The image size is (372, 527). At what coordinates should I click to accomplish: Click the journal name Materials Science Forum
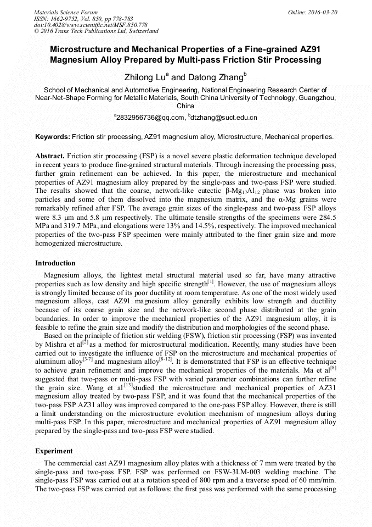pyautogui.click(x=66, y=12)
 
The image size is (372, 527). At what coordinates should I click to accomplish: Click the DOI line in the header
pyautogui.click(x=91, y=25)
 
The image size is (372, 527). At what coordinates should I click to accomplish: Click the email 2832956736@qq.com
pyautogui.click(x=150, y=118)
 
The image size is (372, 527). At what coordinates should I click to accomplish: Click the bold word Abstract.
pyautogui.click(x=50, y=156)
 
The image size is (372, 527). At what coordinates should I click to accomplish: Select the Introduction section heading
pyautogui.click(x=55, y=263)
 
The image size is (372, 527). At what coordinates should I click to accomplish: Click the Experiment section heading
pyautogui.click(x=54, y=451)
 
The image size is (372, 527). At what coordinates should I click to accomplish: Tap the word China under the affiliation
pyautogui.click(x=185, y=106)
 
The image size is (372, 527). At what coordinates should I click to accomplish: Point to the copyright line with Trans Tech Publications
pyautogui.click(x=96, y=31)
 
